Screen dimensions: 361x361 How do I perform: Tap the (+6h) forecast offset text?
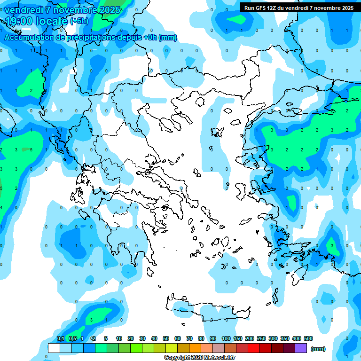click(x=79, y=21)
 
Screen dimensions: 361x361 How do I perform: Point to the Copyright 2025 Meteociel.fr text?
click(x=200, y=357)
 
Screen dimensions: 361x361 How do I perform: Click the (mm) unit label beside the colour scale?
click(x=318, y=348)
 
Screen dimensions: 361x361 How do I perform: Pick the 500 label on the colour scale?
click(x=308, y=338)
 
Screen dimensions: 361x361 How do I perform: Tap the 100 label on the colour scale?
click(x=226, y=338)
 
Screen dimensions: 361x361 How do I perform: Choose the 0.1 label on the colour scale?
click(x=61, y=338)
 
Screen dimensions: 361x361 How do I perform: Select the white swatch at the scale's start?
click(x=54, y=348)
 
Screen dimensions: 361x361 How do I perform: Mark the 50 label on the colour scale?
click(x=166, y=338)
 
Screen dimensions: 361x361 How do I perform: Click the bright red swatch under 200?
click(x=254, y=348)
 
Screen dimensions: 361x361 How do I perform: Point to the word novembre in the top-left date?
click(x=76, y=9)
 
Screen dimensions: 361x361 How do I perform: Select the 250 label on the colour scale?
click(x=261, y=338)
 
